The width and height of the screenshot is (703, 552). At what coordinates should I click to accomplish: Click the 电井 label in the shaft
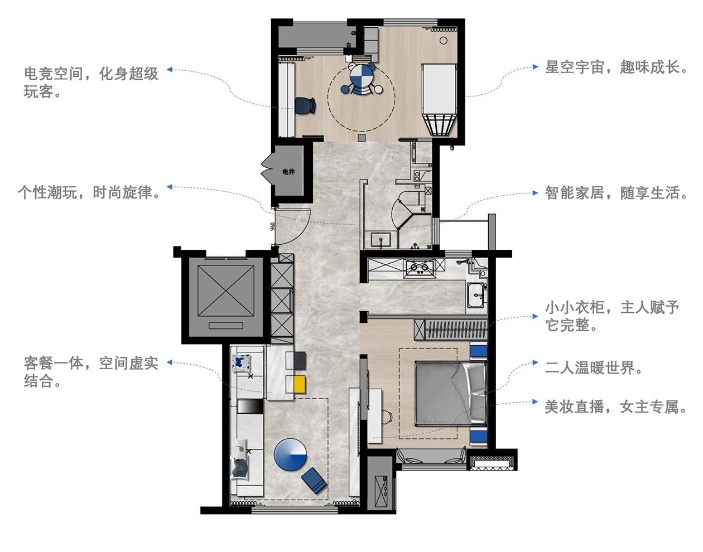[x=288, y=172]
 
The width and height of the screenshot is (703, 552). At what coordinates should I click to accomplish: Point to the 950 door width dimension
[x=273, y=226]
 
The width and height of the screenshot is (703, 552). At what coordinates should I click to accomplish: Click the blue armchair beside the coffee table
[x=314, y=480]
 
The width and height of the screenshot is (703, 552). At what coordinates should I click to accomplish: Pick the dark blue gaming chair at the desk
[x=304, y=105]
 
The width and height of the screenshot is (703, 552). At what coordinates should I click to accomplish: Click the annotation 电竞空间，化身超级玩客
[x=91, y=82]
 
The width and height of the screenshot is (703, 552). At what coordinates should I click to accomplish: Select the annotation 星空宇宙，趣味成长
[x=616, y=67]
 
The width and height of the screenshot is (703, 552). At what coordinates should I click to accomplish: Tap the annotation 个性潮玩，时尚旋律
[x=90, y=192]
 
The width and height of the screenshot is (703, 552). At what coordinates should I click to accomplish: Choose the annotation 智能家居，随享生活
[x=616, y=193]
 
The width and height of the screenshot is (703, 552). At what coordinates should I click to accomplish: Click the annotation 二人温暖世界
[x=594, y=368]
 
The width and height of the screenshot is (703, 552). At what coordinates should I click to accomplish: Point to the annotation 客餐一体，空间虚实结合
[x=91, y=372]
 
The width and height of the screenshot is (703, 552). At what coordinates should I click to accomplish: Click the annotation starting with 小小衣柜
[x=612, y=316]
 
